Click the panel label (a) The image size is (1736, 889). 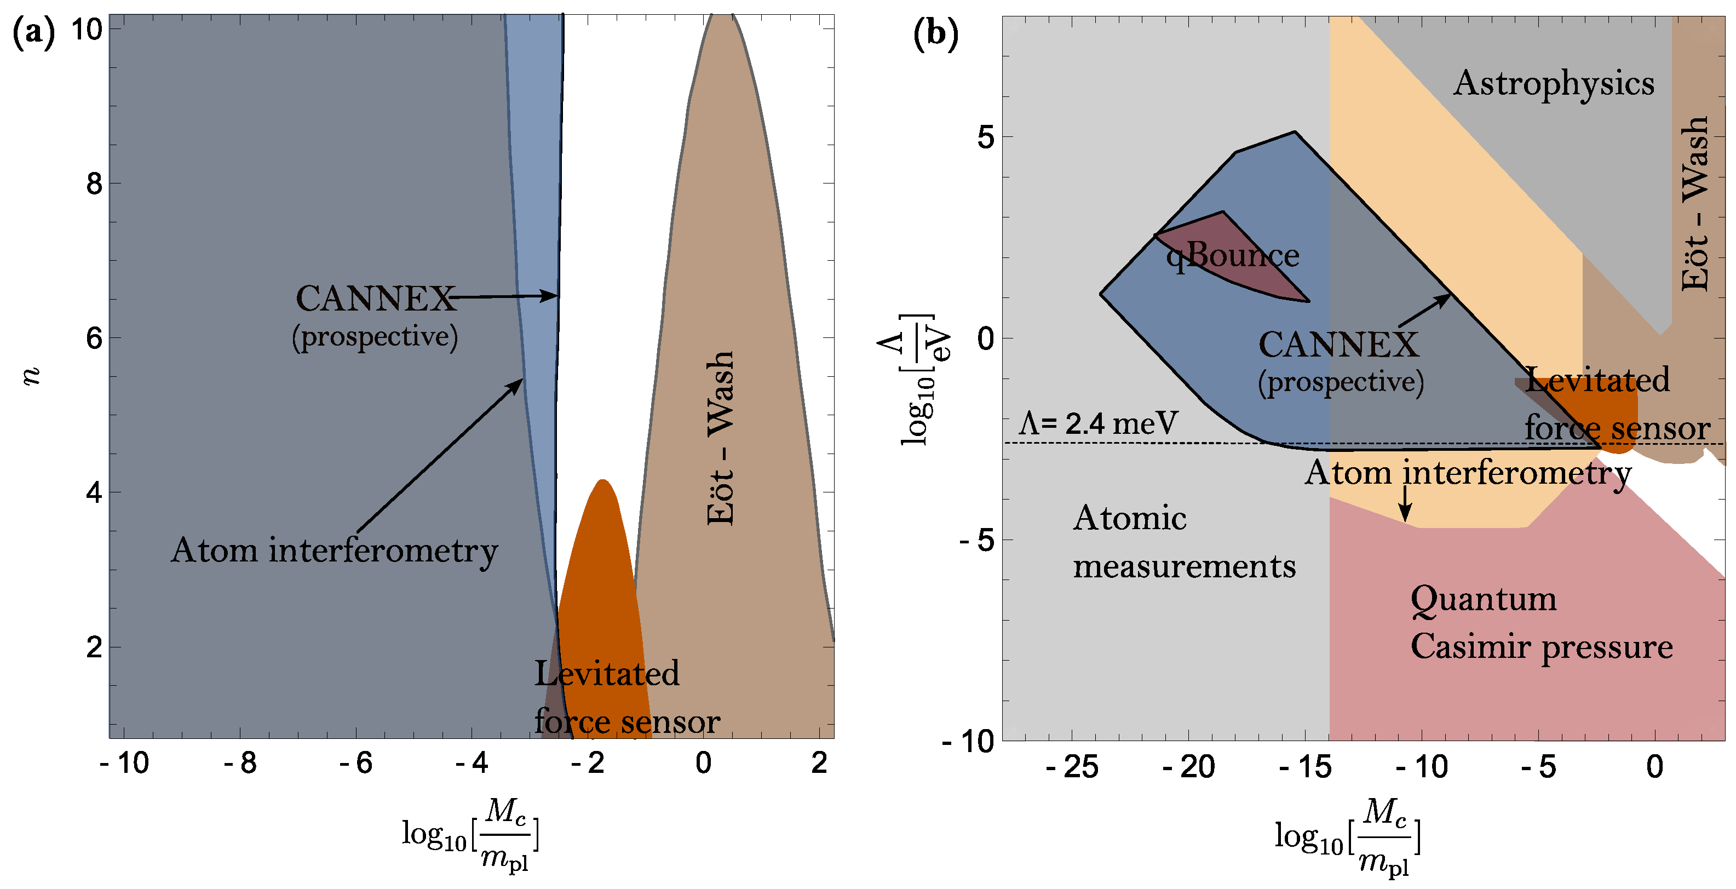[34, 32]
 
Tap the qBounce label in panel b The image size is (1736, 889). [1232, 255]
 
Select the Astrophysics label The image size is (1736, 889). [1554, 84]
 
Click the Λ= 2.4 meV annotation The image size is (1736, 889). [1099, 423]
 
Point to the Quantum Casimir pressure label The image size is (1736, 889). [1540, 622]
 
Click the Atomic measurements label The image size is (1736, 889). [1183, 542]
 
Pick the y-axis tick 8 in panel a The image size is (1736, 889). [94, 183]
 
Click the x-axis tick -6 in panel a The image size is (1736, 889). [355, 763]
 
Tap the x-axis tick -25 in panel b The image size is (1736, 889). [1072, 767]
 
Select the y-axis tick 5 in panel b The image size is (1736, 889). [985, 137]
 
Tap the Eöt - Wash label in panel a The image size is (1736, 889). [720, 438]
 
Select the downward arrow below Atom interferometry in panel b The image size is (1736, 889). [1405, 504]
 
